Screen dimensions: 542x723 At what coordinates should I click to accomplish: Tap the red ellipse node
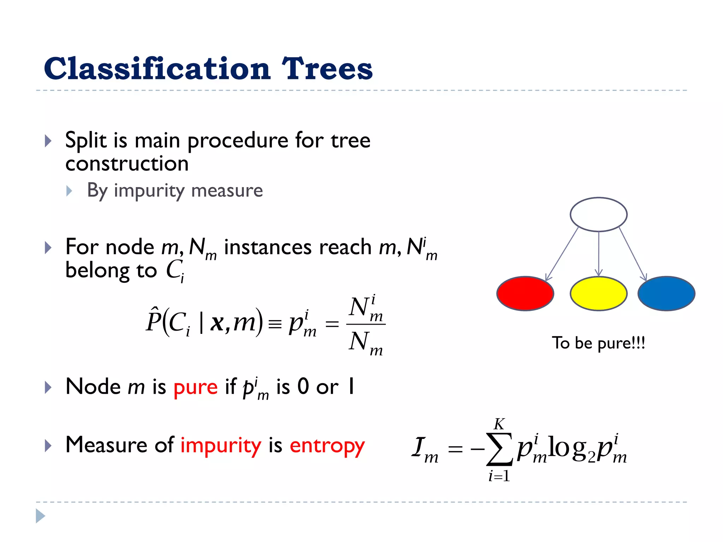click(x=525, y=294)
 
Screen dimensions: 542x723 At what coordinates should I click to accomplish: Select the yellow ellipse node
click(x=598, y=294)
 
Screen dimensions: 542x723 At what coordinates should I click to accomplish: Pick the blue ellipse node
click(x=666, y=294)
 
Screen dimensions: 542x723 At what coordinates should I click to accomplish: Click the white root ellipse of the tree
click(x=598, y=215)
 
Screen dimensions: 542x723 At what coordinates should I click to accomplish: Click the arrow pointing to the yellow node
click(x=598, y=254)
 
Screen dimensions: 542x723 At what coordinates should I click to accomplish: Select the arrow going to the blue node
click(x=633, y=254)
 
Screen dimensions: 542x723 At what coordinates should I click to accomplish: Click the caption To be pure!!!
click(x=598, y=343)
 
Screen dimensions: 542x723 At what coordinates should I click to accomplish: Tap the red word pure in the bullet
click(x=195, y=387)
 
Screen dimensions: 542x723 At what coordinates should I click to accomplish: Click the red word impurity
click(x=221, y=445)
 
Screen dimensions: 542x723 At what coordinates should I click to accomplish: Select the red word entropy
click(x=327, y=445)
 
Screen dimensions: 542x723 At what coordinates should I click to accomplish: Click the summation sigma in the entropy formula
click(x=499, y=449)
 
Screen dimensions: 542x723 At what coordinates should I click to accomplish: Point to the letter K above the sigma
click(x=499, y=424)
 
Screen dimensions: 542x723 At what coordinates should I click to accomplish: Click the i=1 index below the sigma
click(x=499, y=476)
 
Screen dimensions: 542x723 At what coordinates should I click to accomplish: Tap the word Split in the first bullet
click(x=86, y=140)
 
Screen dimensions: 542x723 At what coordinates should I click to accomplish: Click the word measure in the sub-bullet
click(x=227, y=191)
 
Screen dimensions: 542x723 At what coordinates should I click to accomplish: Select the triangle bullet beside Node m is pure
click(x=48, y=387)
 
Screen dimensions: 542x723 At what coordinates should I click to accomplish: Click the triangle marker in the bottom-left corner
click(x=40, y=516)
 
